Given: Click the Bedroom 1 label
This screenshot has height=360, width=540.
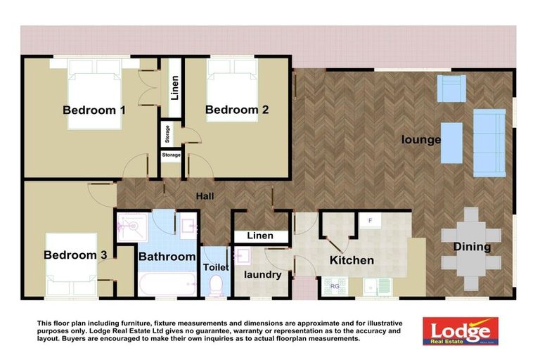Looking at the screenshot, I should pos(94,110).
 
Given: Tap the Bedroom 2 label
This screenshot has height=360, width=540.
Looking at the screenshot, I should pos(237,110).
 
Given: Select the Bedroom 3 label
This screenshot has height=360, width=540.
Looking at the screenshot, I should pos(75,255).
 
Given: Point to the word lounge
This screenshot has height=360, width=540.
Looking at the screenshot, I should pos(421,139).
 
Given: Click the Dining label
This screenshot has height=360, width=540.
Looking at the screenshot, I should pos(472,247).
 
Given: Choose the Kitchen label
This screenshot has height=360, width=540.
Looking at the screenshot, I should pos(352,260).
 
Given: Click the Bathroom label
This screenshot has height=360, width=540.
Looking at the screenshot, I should pos(167,257).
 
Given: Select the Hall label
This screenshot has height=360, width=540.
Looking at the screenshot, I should pos(205,196).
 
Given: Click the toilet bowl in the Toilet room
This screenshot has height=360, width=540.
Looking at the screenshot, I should pos(216,285).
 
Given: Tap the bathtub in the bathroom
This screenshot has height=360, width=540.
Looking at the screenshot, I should pos(167,285).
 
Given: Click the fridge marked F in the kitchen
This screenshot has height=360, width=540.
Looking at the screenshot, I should pos(370,221).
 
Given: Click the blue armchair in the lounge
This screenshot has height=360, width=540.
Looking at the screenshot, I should pos(451,88).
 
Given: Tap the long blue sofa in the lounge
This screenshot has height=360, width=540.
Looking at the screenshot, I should pos(489,142).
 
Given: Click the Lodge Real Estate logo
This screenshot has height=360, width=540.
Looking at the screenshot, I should pos(460,330).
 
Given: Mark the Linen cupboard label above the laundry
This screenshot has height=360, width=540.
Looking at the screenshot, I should pos(261,236).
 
